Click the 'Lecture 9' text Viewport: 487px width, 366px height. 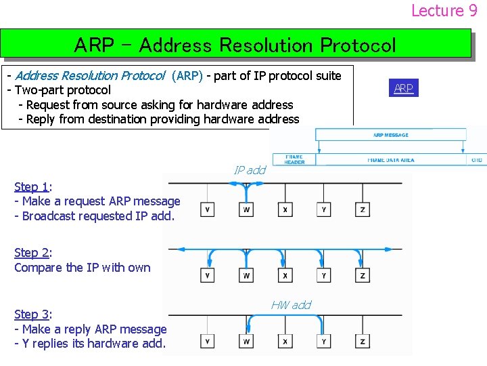point(444,10)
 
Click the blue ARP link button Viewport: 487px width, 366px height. point(404,88)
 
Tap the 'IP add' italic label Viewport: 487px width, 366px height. point(250,170)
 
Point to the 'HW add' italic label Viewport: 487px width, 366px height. point(291,305)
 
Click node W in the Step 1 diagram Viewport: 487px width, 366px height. point(246,210)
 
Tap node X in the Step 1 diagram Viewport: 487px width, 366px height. point(285,210)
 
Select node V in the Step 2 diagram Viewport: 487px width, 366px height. point(208,276)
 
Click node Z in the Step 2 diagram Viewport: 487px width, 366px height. point(363,276)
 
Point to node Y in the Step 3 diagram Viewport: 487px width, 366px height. point(324,340)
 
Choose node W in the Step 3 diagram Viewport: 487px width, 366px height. point(246,340)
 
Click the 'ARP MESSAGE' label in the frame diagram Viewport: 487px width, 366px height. point(391,135)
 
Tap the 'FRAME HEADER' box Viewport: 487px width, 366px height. point(294,159)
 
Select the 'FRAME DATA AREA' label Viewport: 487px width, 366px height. point(390,160)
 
